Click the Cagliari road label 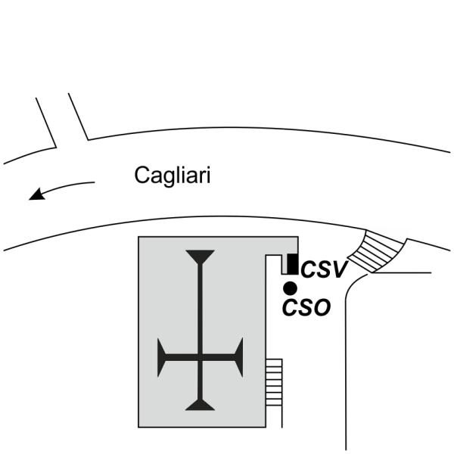click(x=173, y=176)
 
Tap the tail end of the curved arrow click(x=94, y=182)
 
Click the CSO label click(x=306, y=307)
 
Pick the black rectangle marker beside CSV click(x=291, y=264)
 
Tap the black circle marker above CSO click(x=289, y=288)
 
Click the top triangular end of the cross click(x=200, y=256)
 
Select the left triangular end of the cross click(x=162, y=358)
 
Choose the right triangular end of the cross click(x=238, y=358)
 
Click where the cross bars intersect click(x=200, y=358)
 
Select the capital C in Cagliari click(x=141, y=176)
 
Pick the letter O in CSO click(x=320, y=307)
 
